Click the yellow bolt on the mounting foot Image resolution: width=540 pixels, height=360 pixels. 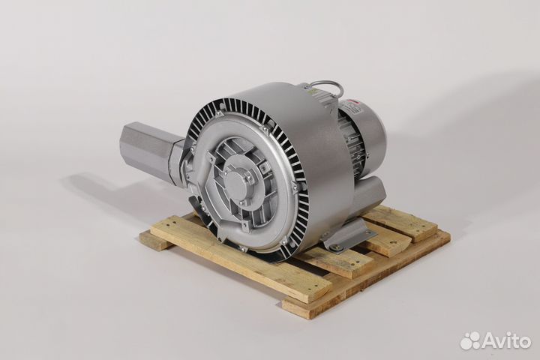pyautogui.click(x=335, y=246)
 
